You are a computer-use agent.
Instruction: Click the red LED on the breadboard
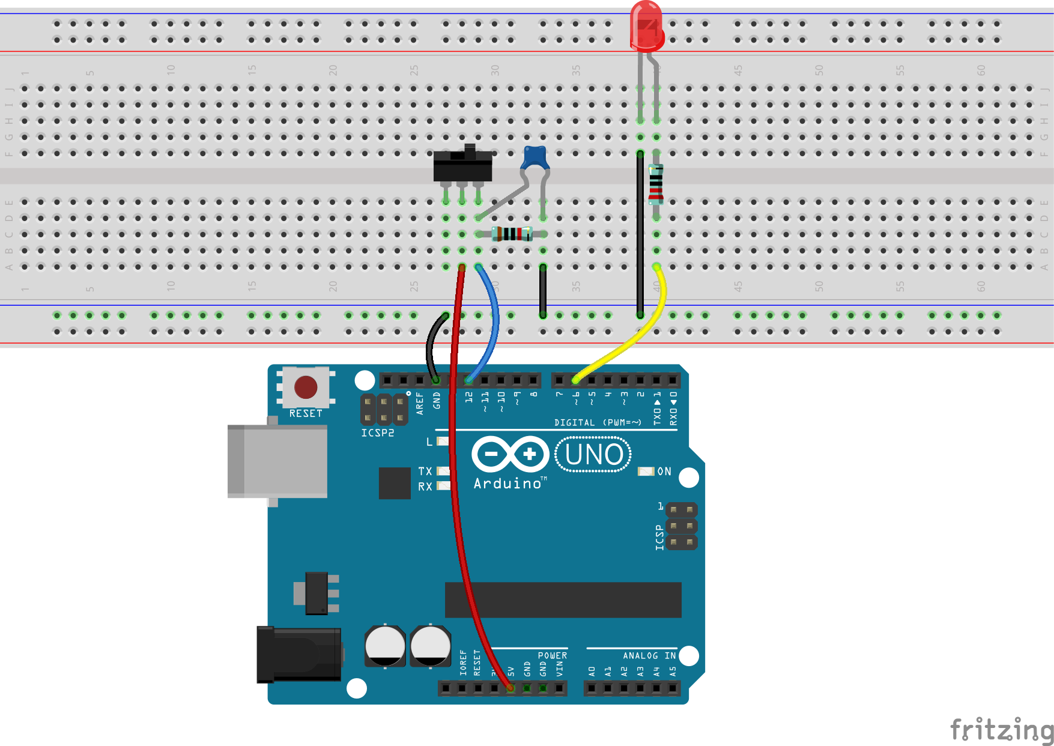(x=646, y=26)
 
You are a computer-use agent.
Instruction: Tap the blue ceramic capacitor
(x=535, y=158)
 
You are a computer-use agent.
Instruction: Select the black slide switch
(x=462, y=166)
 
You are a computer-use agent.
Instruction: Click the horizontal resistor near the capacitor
(x=512, y=234)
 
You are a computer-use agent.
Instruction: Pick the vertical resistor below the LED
(x=656, y=184)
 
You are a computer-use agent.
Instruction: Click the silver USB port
(x=277, y=461)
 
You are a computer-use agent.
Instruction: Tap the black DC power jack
(x=298, y=654)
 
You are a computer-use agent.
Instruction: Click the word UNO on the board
(x=593, y=455)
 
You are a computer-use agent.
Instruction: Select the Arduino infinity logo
(x=510, y=454)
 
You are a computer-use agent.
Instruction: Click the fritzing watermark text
(x=1001, y=730)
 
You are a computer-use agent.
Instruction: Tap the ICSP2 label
(x=377, y=433)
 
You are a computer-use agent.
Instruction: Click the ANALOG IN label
(x=649, y=656)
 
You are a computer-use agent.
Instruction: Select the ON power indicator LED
(x=646, y=472)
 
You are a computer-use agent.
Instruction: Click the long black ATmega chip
(x=563, y=599)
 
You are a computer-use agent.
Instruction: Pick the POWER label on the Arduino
(x=552, y=656)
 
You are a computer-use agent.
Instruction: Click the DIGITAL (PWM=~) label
(x=598, y=423)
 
